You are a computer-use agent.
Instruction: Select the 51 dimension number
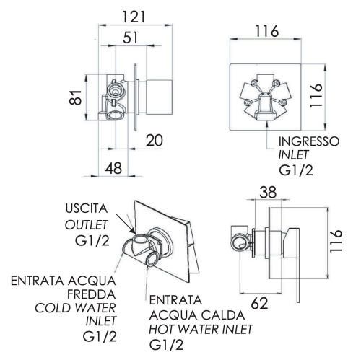131,38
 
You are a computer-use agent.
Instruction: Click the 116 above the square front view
267,32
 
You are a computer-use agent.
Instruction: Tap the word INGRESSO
308,141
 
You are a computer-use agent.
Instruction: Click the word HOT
163,330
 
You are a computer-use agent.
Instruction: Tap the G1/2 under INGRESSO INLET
297,171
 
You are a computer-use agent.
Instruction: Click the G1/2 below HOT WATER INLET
167,346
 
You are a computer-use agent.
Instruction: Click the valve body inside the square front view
267,97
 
